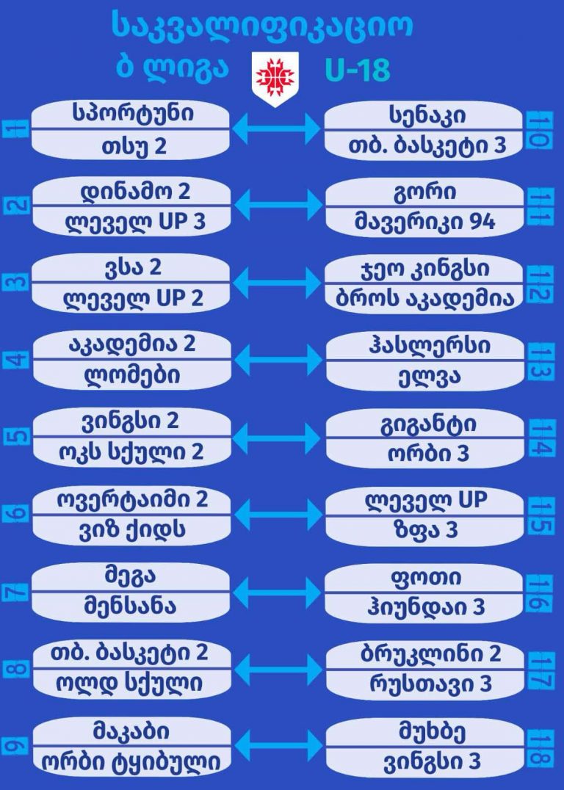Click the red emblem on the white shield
click(275, 77)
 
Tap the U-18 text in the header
click(358, 70)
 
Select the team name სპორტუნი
click(133, 113)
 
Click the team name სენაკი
click(427, 115)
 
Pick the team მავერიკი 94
click(425, 222)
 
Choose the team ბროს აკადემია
click(425, 298)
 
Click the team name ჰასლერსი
click(429, 347)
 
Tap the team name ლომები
click(133, 375)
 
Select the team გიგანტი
click(428, 424)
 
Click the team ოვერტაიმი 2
click(133, 499)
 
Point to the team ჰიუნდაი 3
click(426, 606)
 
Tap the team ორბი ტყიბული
click(131, 762)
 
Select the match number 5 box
click(17, 436)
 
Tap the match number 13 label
click(542, 360)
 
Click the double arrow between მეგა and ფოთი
click(277, 592)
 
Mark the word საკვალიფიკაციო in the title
click(262, 26)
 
